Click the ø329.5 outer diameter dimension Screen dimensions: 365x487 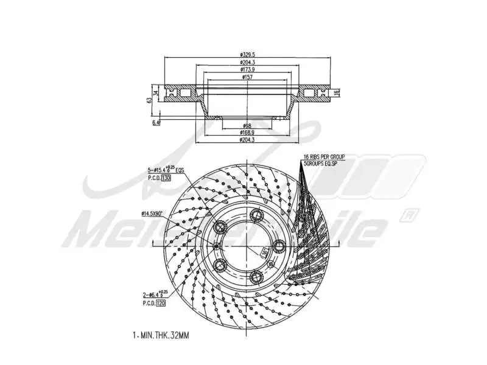coord(247,55)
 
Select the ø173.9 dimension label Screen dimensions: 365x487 coord(247,70)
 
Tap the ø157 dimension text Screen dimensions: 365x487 coord(247,77)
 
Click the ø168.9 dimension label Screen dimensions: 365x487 coord(247,132)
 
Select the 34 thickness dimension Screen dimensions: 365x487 coord(156,93)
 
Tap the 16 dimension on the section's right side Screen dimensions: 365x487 coord(336,92)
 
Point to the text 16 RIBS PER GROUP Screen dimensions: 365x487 coord(324,157)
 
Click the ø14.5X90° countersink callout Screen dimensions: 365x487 coord(152,214)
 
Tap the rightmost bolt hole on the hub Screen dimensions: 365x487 coord(279,245)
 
